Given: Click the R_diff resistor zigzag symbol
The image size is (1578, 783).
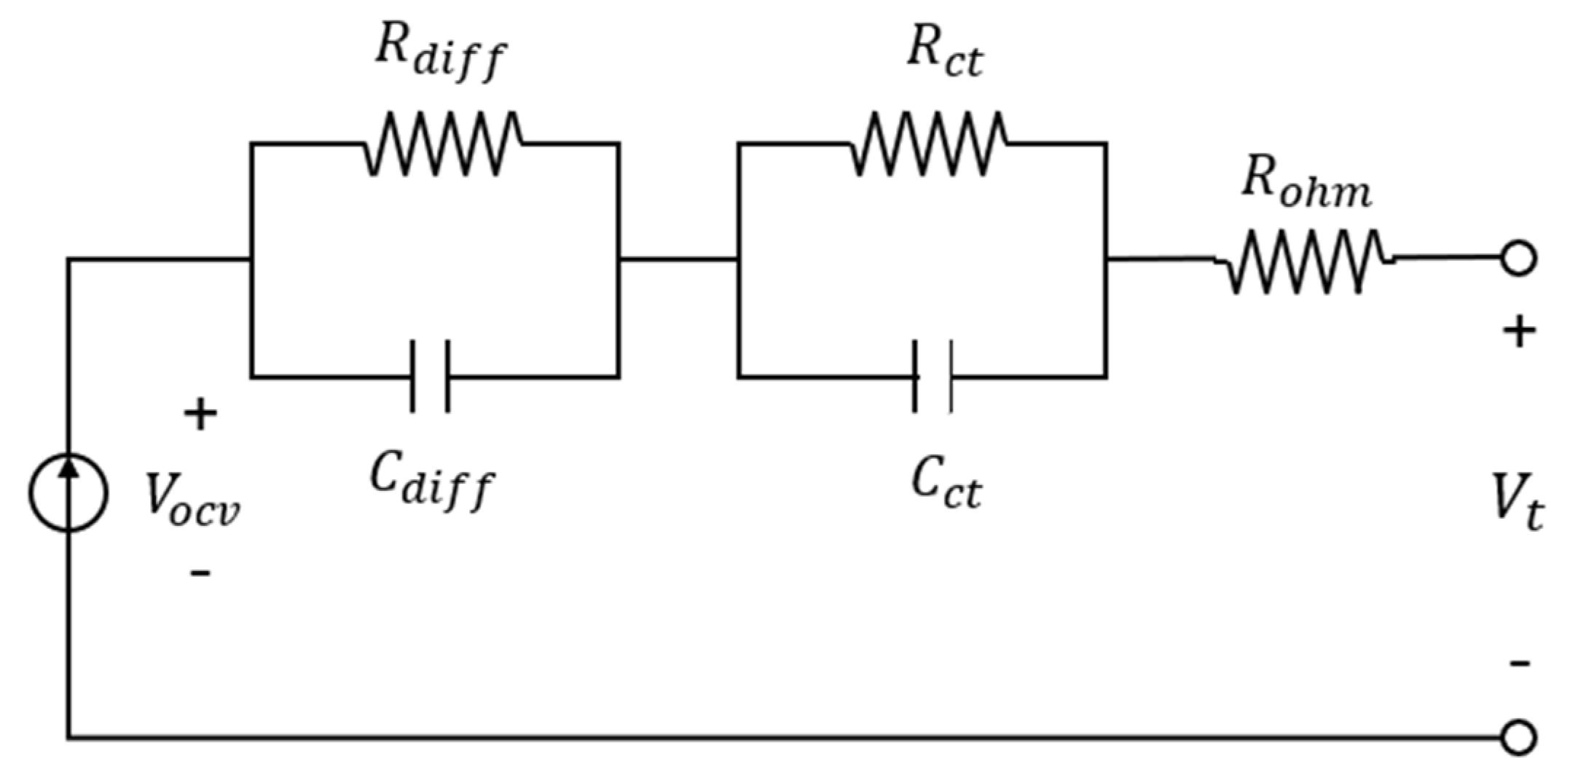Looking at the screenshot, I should click(x=442, y=143).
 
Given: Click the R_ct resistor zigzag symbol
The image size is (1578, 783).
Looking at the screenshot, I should click(x=930, y=143).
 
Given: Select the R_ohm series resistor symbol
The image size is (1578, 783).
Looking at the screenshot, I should click(x=1304, y=261).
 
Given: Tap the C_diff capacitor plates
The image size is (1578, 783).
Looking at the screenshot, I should click(x=430, y=377).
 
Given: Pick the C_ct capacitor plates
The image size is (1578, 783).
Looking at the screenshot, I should click(x=933, y=377).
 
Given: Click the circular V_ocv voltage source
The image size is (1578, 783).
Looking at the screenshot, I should click(x=68, y=493).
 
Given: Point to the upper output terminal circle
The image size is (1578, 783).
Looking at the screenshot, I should click(x=1519, y=259).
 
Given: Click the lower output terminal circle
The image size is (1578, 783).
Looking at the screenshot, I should click(x=1519, y=738).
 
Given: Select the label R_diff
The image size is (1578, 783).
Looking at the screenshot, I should click(x=440, y=55).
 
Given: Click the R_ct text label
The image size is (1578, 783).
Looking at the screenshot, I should click(x=945, y=55).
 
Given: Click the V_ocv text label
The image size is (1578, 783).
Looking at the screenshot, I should click(x=192, y=499).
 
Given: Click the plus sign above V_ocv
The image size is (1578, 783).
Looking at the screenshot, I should click(x=200, y=415).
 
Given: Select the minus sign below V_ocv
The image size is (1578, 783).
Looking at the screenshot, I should click(x=200, y=573).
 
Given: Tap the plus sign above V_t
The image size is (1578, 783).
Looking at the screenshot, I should click(x=1519, y=333).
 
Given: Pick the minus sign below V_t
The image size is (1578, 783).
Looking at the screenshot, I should click(x=1519, y=663).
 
